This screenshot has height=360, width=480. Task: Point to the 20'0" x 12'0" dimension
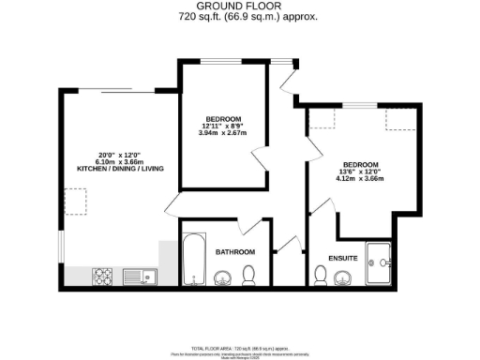(116, 154)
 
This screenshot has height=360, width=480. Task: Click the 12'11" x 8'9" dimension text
(225, 127)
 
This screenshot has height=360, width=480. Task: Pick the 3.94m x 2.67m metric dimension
(225, 134)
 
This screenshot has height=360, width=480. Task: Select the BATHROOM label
(235, 252)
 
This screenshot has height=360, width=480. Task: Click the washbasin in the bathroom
(223, 277)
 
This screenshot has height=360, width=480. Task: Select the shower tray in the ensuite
(382, 263)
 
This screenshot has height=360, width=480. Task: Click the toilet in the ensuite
(320, 276)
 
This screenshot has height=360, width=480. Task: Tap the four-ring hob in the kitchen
(102, 276)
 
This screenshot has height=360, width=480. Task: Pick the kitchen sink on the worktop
(137, 276)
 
